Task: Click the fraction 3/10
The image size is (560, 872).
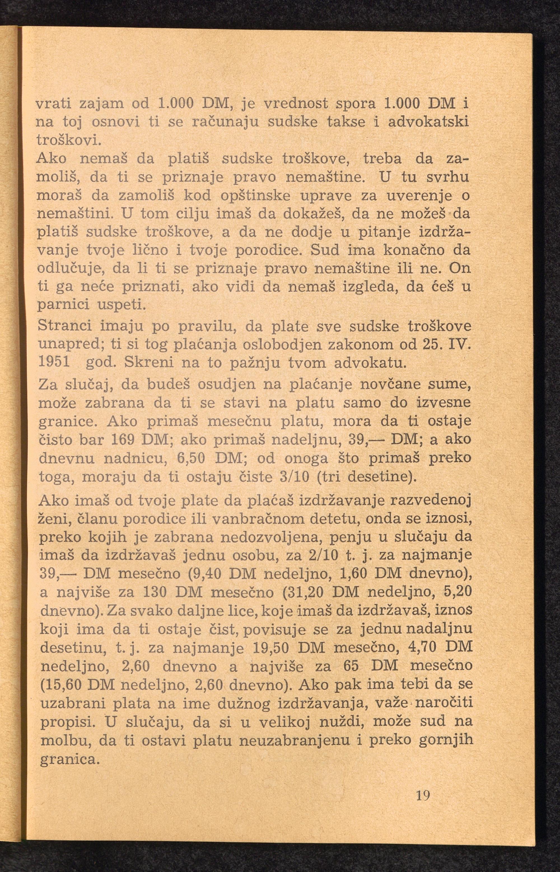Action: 294,476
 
